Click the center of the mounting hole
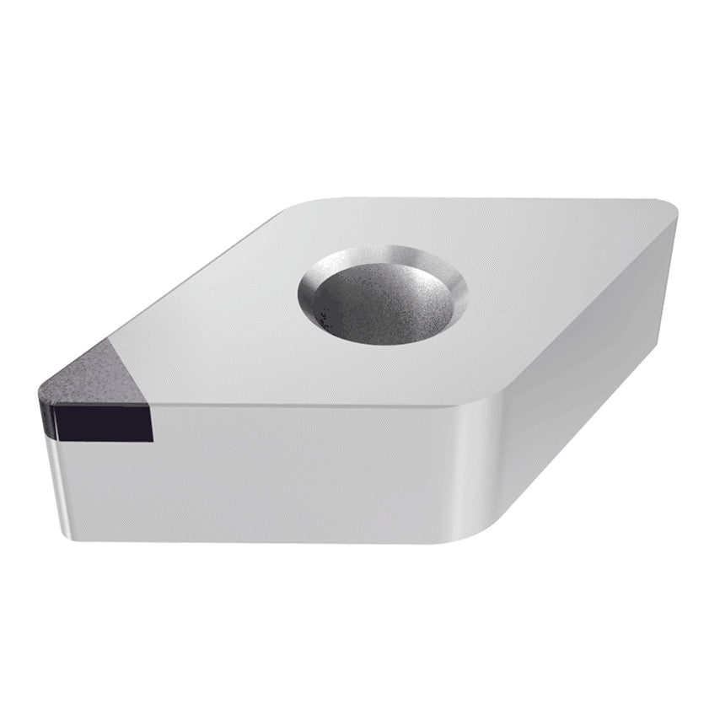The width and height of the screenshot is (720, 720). pyautogui.click(x=381, y=297)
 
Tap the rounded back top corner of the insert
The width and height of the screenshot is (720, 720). pyautogui.click(x=304, y=205)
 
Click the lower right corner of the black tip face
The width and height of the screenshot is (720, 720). pyautogui.click(x=153, y=440)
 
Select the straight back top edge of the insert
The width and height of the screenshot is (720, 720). pyautogui.click(x=489, y=199)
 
